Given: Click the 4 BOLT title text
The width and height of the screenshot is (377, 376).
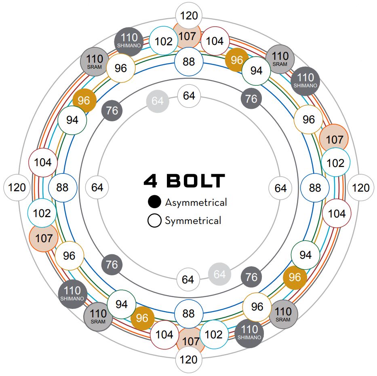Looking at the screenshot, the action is [184, 181].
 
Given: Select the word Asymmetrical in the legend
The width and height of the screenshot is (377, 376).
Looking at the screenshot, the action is [196, 202].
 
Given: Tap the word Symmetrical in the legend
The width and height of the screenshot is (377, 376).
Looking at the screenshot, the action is [193, 221].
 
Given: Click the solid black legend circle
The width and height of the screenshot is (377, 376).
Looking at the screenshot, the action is [154, 202].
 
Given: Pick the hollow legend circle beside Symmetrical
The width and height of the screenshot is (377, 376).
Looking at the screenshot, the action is [154, 221].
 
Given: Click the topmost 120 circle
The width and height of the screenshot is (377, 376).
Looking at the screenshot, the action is [189, 16].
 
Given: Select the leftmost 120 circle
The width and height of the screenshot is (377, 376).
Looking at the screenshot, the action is [17, 188].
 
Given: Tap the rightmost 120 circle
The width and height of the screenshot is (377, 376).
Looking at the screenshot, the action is [360, 188].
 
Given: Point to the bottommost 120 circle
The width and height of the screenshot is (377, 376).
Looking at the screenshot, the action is [188, 359].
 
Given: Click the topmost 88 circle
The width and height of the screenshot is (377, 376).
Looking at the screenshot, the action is [188, 62].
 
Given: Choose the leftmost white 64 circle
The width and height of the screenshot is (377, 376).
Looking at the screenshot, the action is [97, 188].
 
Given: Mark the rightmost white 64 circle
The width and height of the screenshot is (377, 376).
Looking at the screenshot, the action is [280, 188].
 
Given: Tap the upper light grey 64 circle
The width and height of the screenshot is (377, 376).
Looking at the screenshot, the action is [158, 101].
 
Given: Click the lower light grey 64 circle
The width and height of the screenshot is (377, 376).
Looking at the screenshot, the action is [219, 275].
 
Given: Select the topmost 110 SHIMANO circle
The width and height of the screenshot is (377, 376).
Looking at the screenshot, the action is [129, 41].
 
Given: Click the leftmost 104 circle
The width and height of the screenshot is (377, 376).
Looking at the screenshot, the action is [42, 163].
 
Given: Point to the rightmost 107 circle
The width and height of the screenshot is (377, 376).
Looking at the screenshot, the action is [334, 139].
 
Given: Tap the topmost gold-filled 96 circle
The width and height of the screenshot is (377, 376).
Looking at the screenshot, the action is [237, 60].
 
